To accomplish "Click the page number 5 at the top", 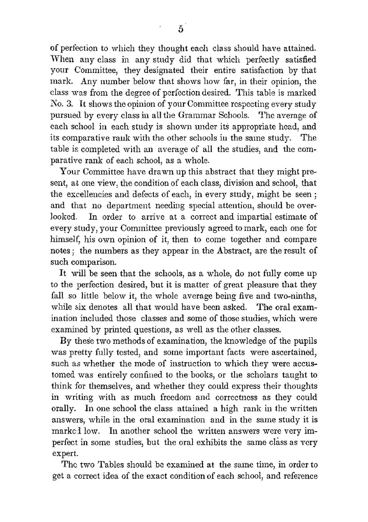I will [181, 29].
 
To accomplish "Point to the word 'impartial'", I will [263, 217].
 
